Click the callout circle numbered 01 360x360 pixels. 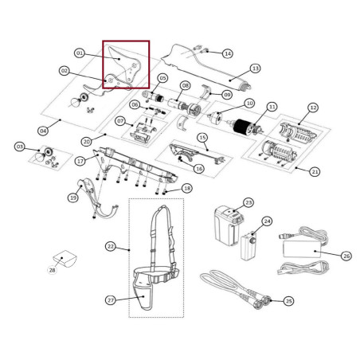pyautogui.click(x=80, y=53)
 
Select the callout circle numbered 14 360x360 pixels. pyautogui.click(x=228, y=53)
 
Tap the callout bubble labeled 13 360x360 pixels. pyautogui.click(x=255, y=68)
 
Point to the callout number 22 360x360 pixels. pyautogui.click(x=111, y=246)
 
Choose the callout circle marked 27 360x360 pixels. pyautogui.click(x=111, y=300)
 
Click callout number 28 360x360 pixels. pyautogui.click(x=53, y=270)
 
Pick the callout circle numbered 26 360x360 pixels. pyautogui.click(x=346, y=256)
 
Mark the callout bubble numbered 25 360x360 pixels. pyautogui.click(x=288, y=301)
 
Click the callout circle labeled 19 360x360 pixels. pyautogui.click(x=73, y=198)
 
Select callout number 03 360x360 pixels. pyautogui.click(x=20, y=147)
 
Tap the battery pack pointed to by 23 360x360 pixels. pyautogui.click(x=228, y=226)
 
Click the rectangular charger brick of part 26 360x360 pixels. pyautogui.click(x=302, y=249)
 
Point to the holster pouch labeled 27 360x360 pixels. pyautogui.click(x=142, y=294)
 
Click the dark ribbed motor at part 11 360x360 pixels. pyautogui.click(x=242, y=127)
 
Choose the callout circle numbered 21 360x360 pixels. pyautogui.click(x=315, y=172)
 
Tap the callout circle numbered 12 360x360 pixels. pyautogui.click(x=313, y=108)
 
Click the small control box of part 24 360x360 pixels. pyautogui.click(x=249, y=245)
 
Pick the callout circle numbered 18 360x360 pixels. pyautogui.click(x=187, y=188)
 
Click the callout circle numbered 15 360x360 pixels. pyautogui.click(x=202, y=138)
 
